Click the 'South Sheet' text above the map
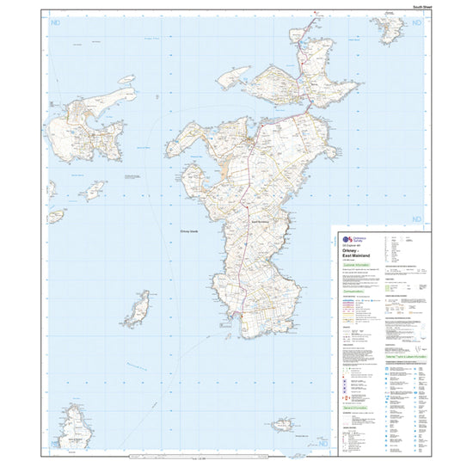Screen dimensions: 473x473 (x=422, y=7)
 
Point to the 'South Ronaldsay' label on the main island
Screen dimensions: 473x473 (x=261, y=222)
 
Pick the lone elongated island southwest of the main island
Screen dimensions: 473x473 (x=139, y=306)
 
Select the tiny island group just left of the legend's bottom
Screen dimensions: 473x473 (x=282, y=425)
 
